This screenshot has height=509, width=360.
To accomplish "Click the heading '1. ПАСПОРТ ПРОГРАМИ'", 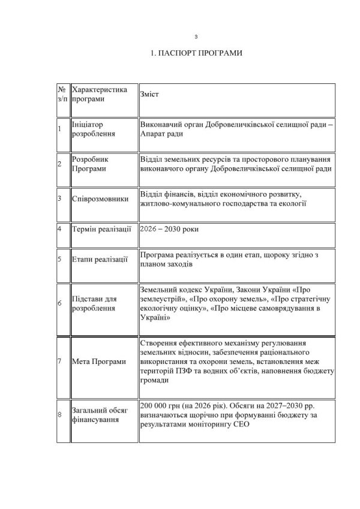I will (x=196, y=53).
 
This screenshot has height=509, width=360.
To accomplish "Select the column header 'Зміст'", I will (x=149, y=94).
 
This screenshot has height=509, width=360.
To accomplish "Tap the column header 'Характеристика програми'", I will (x=100, y=94).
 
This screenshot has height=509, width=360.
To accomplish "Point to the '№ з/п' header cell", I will (x=62, y=94).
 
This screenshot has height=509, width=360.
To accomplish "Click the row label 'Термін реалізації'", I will (x=100, y=229).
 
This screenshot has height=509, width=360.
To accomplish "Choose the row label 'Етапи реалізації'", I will (x=98, y=260).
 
